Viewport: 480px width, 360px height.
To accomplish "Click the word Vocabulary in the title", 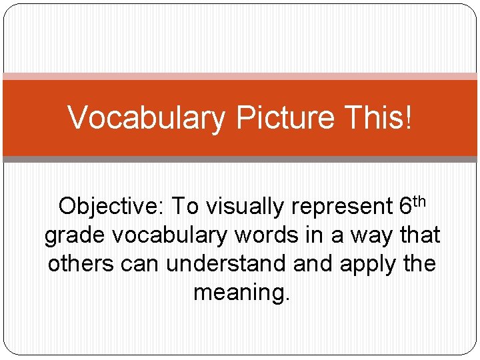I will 147,119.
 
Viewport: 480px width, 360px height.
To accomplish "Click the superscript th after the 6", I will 421,201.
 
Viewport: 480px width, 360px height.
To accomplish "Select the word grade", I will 74,236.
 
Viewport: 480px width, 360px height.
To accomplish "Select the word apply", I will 367,265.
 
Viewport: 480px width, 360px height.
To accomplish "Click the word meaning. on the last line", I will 241,293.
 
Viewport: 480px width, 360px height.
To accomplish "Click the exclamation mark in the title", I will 409,117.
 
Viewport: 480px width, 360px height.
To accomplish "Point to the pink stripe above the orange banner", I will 240,76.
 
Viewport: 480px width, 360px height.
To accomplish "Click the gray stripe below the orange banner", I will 240,159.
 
